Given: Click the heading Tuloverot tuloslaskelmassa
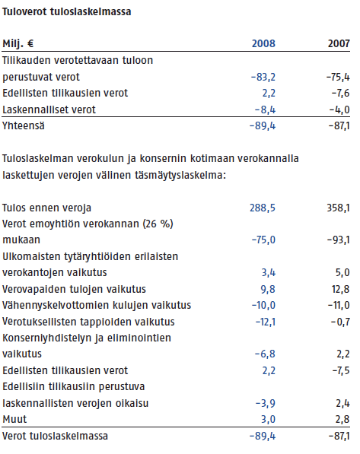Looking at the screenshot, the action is (x=67, y=12).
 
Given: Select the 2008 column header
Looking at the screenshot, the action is (x=263, y=43).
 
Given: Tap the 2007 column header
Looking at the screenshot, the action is (x=339, y=43).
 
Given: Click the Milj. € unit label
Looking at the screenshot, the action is (x=18, y=44).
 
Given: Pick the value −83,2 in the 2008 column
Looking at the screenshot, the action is (x=263, y=78).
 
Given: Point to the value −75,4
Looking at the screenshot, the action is (x=338, y=78).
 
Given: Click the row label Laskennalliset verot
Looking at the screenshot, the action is (x=49, y=110).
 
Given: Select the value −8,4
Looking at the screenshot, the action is (x=265, y=110).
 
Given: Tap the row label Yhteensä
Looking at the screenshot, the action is (x=24, y=126).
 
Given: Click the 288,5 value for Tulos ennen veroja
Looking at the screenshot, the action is (x=263, y=208).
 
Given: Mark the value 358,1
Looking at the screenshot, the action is (x=338, y=208).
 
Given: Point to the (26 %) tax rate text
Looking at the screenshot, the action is (x=158, y=224).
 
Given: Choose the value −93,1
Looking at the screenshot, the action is (x=339, y=240).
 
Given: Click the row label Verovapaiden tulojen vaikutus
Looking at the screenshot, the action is (x=74, y=289).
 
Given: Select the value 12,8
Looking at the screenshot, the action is (x=341, y=289).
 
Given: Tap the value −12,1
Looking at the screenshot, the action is (x=266, y=322).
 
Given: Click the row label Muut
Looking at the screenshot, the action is (x=14, y=419).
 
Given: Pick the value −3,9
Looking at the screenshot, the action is (x=265, y=403).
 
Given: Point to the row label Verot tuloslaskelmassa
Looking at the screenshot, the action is (x=55, y=436).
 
